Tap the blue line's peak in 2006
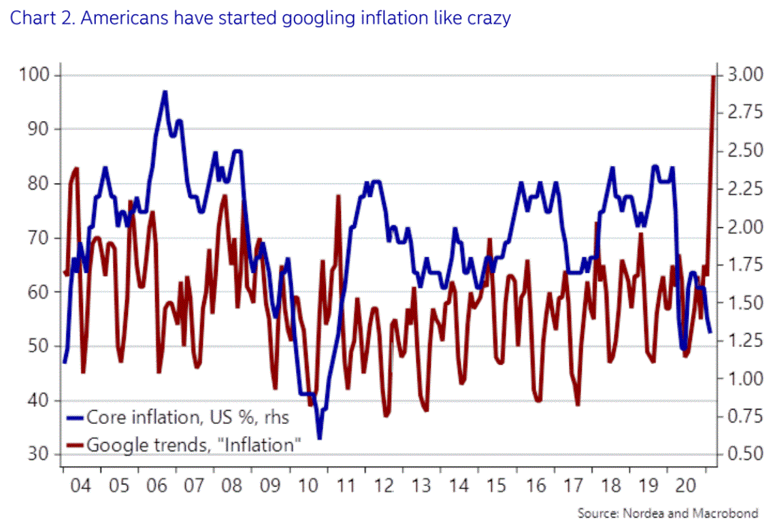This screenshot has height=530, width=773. pos(165,92)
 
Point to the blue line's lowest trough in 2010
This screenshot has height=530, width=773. pos(318,437)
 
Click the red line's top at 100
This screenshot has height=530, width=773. pos(712,76)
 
